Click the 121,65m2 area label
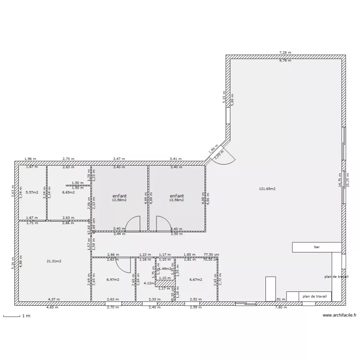coord(267,189)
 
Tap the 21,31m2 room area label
coord(53,261)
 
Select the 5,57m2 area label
coord(32,192)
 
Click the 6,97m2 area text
coord(112,279)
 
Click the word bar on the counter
coord(317,247)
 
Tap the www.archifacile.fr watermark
coord(338,315)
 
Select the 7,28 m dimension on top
coord(286,52)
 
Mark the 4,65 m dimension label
coord(52,307)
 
